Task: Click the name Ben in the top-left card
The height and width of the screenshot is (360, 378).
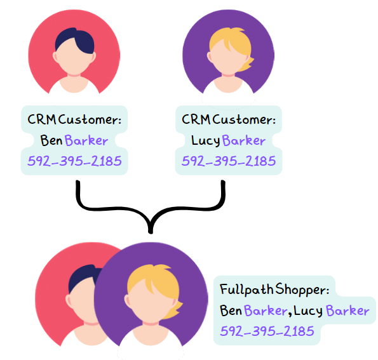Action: [51, 140]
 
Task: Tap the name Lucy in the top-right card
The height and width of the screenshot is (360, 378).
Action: [206, 140]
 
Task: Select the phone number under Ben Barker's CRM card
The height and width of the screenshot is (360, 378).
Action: [74, 161]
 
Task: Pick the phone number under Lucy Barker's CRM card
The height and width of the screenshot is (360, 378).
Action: [229, 161]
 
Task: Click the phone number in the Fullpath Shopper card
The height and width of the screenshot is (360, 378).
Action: [267, 331]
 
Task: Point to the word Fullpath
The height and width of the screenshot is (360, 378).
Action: [246, 289]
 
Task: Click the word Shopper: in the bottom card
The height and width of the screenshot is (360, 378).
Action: [302, 290]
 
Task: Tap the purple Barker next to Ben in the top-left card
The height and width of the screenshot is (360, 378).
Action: [86, 140]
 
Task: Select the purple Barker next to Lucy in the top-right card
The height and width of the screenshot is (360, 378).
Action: [244, 140]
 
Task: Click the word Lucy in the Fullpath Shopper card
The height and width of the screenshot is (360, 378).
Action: [308, 310]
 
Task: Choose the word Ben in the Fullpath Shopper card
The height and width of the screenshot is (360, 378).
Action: [231, 310]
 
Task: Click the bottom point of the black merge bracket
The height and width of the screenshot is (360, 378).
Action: [151, 232]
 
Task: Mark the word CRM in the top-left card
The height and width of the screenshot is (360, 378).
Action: [42, 119]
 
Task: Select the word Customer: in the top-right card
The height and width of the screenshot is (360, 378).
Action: [244, 119]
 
